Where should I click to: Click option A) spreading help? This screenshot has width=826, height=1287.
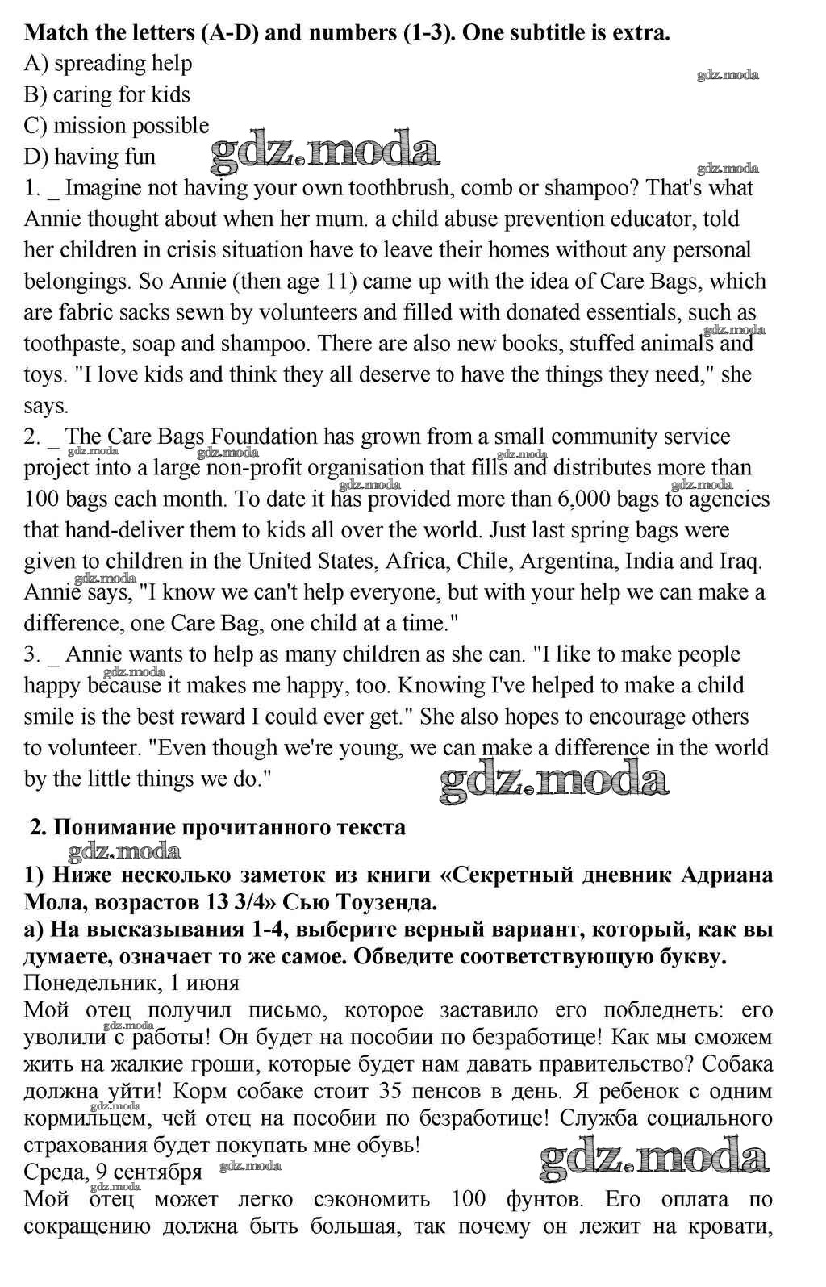pyautogui.click(x=108, y=64)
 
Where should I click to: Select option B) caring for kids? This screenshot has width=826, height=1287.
pyautogui.click(x=107, y=95)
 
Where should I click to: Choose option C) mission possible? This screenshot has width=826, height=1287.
pyautogui.click(x=117, y=127)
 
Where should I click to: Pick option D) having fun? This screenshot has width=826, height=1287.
pyautogui.click(x=90, y=157)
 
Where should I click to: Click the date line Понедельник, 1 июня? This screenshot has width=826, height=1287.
pyautogui.click(x=131, y=983)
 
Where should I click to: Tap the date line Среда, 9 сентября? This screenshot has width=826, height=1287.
pyautogui.click(x=113, y=1172)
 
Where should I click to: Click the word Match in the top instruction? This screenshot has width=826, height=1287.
pyautogui.click(x=56, y=33)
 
